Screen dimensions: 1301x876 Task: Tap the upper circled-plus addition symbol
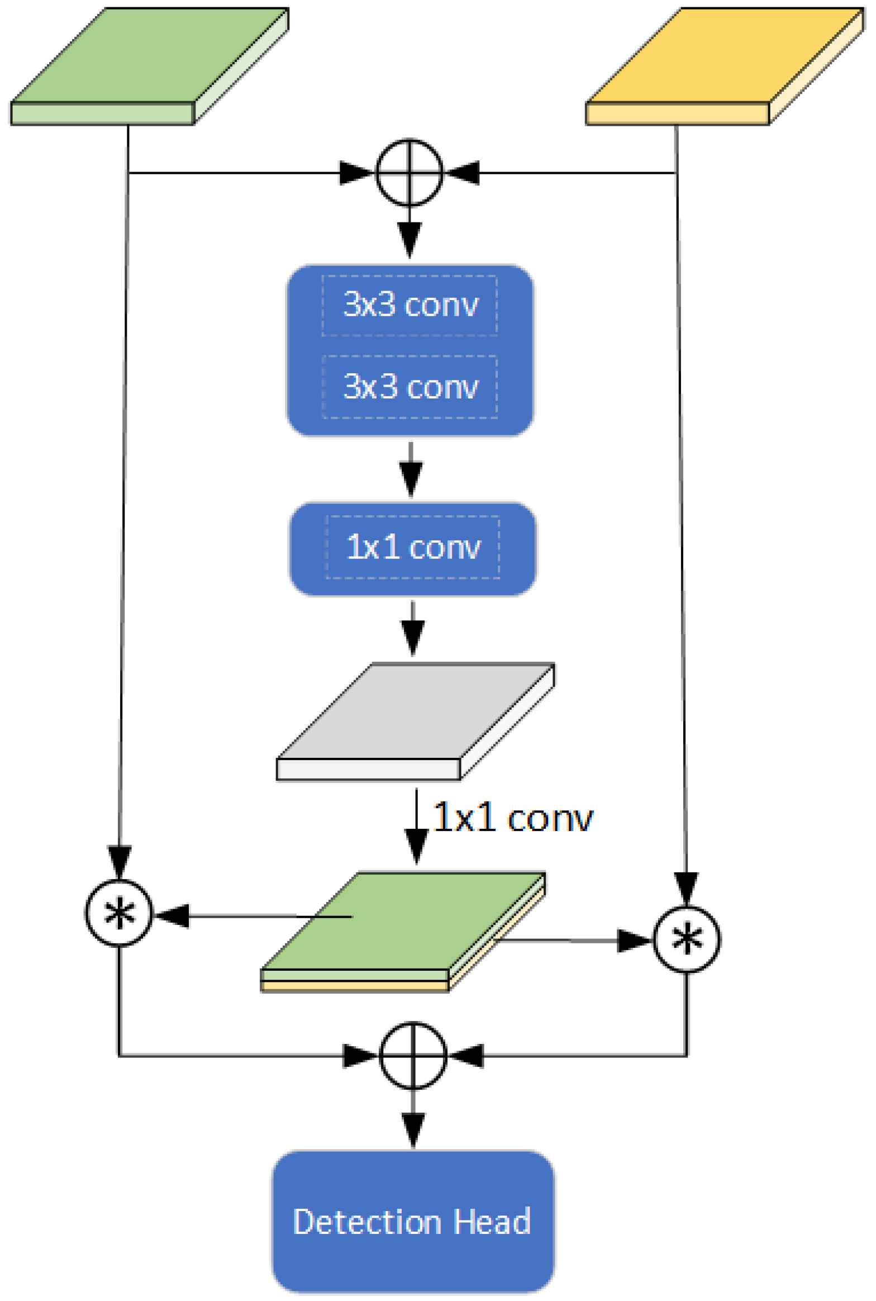coord(410,173)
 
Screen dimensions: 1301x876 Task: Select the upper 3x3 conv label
coord(411,305)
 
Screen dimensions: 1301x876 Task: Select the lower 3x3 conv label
coord(411,387)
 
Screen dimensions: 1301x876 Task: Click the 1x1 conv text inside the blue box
coord(413,547)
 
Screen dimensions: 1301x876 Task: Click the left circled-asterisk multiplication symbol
coord(118,913)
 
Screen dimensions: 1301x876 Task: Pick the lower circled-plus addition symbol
coord(413,1055)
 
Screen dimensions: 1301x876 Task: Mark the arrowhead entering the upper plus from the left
coord(356,173)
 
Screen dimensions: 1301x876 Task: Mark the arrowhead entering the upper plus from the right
coord(464,173)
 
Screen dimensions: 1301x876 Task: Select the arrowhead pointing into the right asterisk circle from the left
coord(635,941)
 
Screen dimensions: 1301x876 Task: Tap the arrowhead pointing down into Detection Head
coord(413,1129)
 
